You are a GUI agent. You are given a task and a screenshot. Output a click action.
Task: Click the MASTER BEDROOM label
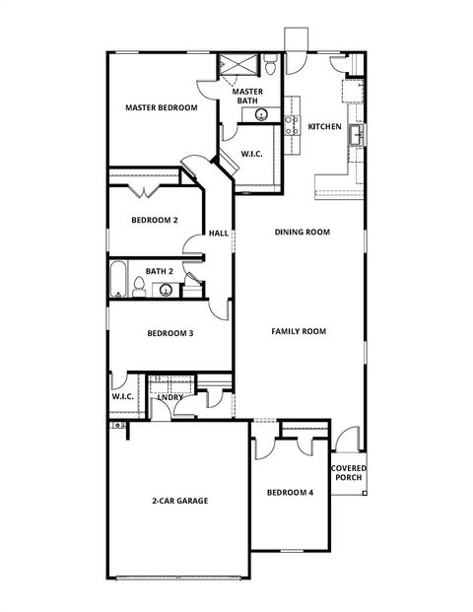click(162, 107)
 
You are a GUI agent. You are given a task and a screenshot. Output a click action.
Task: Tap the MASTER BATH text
click(247, 96)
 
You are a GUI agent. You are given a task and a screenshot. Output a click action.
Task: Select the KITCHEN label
click(324, 126)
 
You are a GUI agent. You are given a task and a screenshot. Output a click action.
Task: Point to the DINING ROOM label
click(302, 233)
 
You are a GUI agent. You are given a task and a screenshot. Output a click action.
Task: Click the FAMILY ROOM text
click(299, 332)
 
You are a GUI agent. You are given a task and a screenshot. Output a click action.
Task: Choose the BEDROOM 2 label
click(155, 221)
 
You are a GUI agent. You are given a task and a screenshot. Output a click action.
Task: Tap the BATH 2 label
click(160, 271)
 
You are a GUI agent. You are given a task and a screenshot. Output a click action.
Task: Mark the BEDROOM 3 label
click(169, 333)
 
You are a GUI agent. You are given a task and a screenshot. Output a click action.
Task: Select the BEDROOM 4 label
click(290, 492)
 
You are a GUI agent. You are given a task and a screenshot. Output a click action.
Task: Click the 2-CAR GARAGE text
click(179, 501)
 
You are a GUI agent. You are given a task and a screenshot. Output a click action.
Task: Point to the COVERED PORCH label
click(347, 473)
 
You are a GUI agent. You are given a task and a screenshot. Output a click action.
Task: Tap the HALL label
click(218, 234)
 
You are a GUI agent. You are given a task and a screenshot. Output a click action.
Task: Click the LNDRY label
click(183, 397)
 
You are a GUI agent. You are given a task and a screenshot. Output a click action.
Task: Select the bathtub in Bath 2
click(117, 280)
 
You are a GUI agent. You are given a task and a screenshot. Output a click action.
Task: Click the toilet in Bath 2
click(141, 287)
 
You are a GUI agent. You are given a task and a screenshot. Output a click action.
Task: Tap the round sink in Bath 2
click(167, 290)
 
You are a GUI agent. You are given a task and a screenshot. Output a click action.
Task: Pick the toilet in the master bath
click(270, 66)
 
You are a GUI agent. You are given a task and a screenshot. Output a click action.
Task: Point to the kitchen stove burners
click(292, 123)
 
